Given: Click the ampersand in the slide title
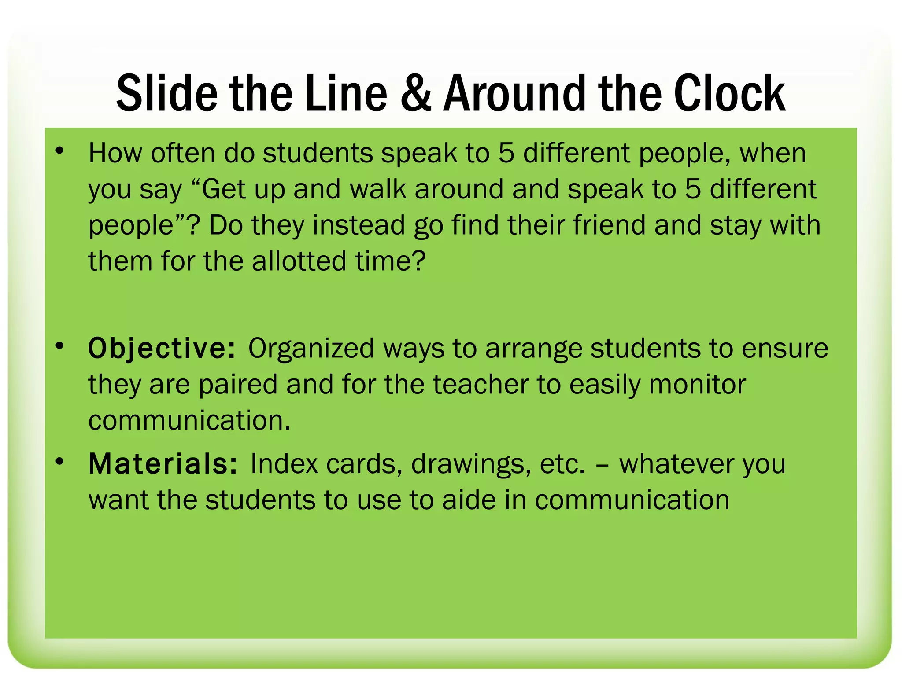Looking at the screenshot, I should [416, 93].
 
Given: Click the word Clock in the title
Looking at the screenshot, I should [729, 93].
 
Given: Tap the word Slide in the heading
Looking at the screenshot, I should [167, 93].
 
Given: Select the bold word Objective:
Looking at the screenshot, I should [162, 349].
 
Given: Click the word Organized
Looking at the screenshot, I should [311, 349].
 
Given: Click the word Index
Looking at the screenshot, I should [284, 464].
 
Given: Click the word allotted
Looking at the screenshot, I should [299, 261].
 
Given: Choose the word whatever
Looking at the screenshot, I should [676, 464].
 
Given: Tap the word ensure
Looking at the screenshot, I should [785, 349].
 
